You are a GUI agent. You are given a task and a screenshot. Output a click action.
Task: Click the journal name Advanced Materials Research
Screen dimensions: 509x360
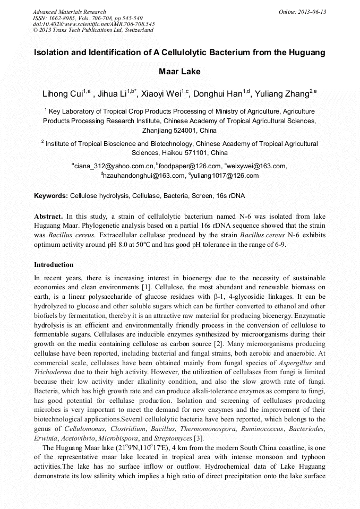tap(69, 12)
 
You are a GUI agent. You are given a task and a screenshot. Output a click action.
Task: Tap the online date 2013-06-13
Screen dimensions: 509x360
tap(303, 12)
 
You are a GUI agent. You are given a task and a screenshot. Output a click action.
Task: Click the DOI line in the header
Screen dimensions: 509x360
tap(93, 24)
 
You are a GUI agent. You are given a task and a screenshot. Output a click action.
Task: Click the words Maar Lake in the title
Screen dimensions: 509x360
tap(179, 71)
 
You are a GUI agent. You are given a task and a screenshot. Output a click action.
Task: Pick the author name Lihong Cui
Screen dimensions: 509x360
tap(63, 94)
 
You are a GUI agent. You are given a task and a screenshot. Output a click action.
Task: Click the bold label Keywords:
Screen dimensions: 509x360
tap(51, 196)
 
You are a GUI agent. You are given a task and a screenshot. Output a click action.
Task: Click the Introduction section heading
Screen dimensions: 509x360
tap(54, 265)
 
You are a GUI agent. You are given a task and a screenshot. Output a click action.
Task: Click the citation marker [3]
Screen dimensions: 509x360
tap(198, 438)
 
